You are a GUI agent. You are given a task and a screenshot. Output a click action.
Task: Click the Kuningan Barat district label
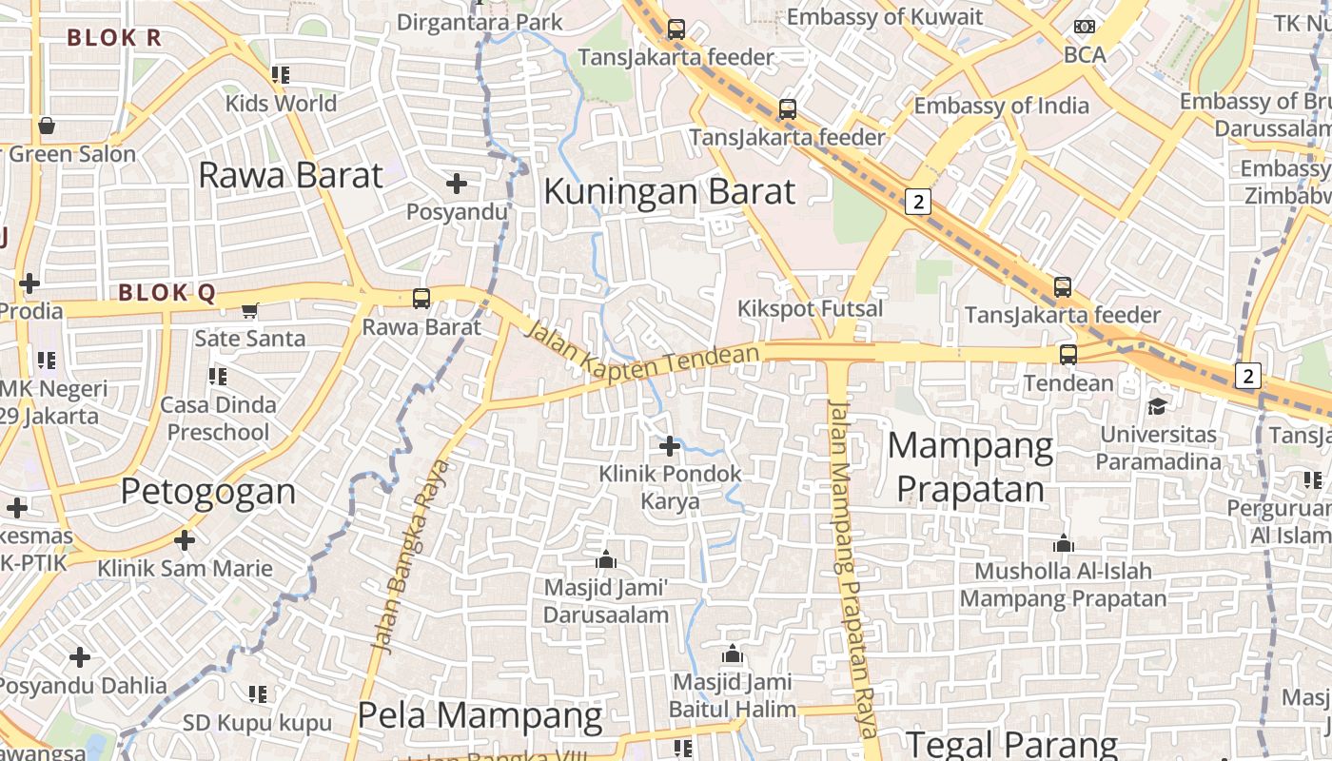coord(668,192)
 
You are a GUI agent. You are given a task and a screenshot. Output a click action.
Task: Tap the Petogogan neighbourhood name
coord(208,492)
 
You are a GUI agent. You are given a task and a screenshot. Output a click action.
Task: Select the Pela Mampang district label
coord(480,715)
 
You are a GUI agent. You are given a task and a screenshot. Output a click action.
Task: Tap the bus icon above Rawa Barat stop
coord(421,299)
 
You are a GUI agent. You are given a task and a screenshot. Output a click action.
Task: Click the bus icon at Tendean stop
coord(1068,355)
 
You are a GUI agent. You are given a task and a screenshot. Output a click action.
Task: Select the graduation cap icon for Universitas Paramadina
coord(1157,406)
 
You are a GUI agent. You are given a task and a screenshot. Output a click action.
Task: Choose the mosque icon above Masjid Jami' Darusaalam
coord(606,559)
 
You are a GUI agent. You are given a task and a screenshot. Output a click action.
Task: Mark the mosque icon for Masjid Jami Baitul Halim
coord(732,654)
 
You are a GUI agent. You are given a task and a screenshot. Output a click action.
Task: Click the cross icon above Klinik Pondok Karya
coord(670,445)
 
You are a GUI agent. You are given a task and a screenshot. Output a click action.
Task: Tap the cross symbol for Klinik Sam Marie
coord(185,540)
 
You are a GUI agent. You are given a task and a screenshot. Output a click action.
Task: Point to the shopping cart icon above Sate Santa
coord(250,310)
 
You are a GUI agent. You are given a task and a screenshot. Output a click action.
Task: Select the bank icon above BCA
coord(1085,27)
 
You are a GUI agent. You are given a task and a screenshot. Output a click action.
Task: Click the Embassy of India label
coord(1001,106)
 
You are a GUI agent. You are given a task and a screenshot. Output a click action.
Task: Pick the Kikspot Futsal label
coord(811,309)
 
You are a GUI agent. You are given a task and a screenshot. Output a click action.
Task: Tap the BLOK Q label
coord(167,293)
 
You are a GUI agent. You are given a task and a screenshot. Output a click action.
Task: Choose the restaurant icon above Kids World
coord(281,74)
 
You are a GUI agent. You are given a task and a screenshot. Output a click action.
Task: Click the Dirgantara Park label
coord(480,22)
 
